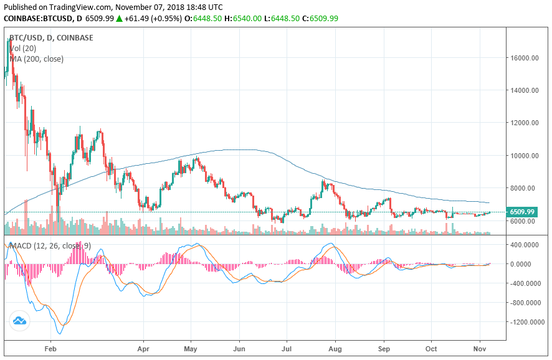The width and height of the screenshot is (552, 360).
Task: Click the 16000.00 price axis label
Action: pos(524,58)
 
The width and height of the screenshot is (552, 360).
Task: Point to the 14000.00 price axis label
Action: pos(524,90)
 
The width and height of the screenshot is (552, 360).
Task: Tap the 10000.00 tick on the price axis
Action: pos(524,156)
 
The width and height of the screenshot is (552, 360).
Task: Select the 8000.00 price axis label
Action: pos(523,188)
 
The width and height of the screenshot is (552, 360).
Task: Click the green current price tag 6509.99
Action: pos(522,212)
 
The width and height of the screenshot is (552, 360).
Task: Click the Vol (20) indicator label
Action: pos(25,48)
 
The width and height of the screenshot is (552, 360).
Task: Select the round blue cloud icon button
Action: pos(19,321)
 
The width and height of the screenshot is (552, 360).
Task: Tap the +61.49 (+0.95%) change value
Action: pos(153,18)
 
